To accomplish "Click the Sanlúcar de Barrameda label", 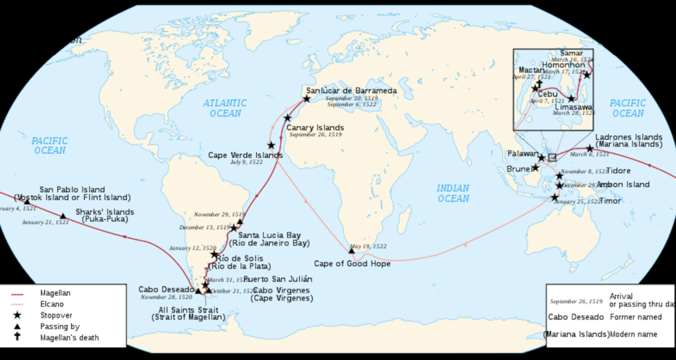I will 351,90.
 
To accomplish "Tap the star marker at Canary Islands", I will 287,118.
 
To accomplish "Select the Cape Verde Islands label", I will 245,155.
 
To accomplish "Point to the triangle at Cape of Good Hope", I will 352,250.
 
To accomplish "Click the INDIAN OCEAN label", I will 453,193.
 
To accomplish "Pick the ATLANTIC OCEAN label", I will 225,108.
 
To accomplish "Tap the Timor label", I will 609,200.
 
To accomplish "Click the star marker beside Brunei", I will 535,168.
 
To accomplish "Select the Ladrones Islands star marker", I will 590,149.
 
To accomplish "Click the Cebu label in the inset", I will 547,94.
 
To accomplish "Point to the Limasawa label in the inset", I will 572,106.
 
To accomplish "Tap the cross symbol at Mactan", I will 539,83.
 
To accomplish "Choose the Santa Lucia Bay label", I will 269,234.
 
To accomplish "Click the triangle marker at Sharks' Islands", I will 63,216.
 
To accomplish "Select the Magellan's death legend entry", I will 69,338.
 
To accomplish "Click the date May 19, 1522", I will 368,246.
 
